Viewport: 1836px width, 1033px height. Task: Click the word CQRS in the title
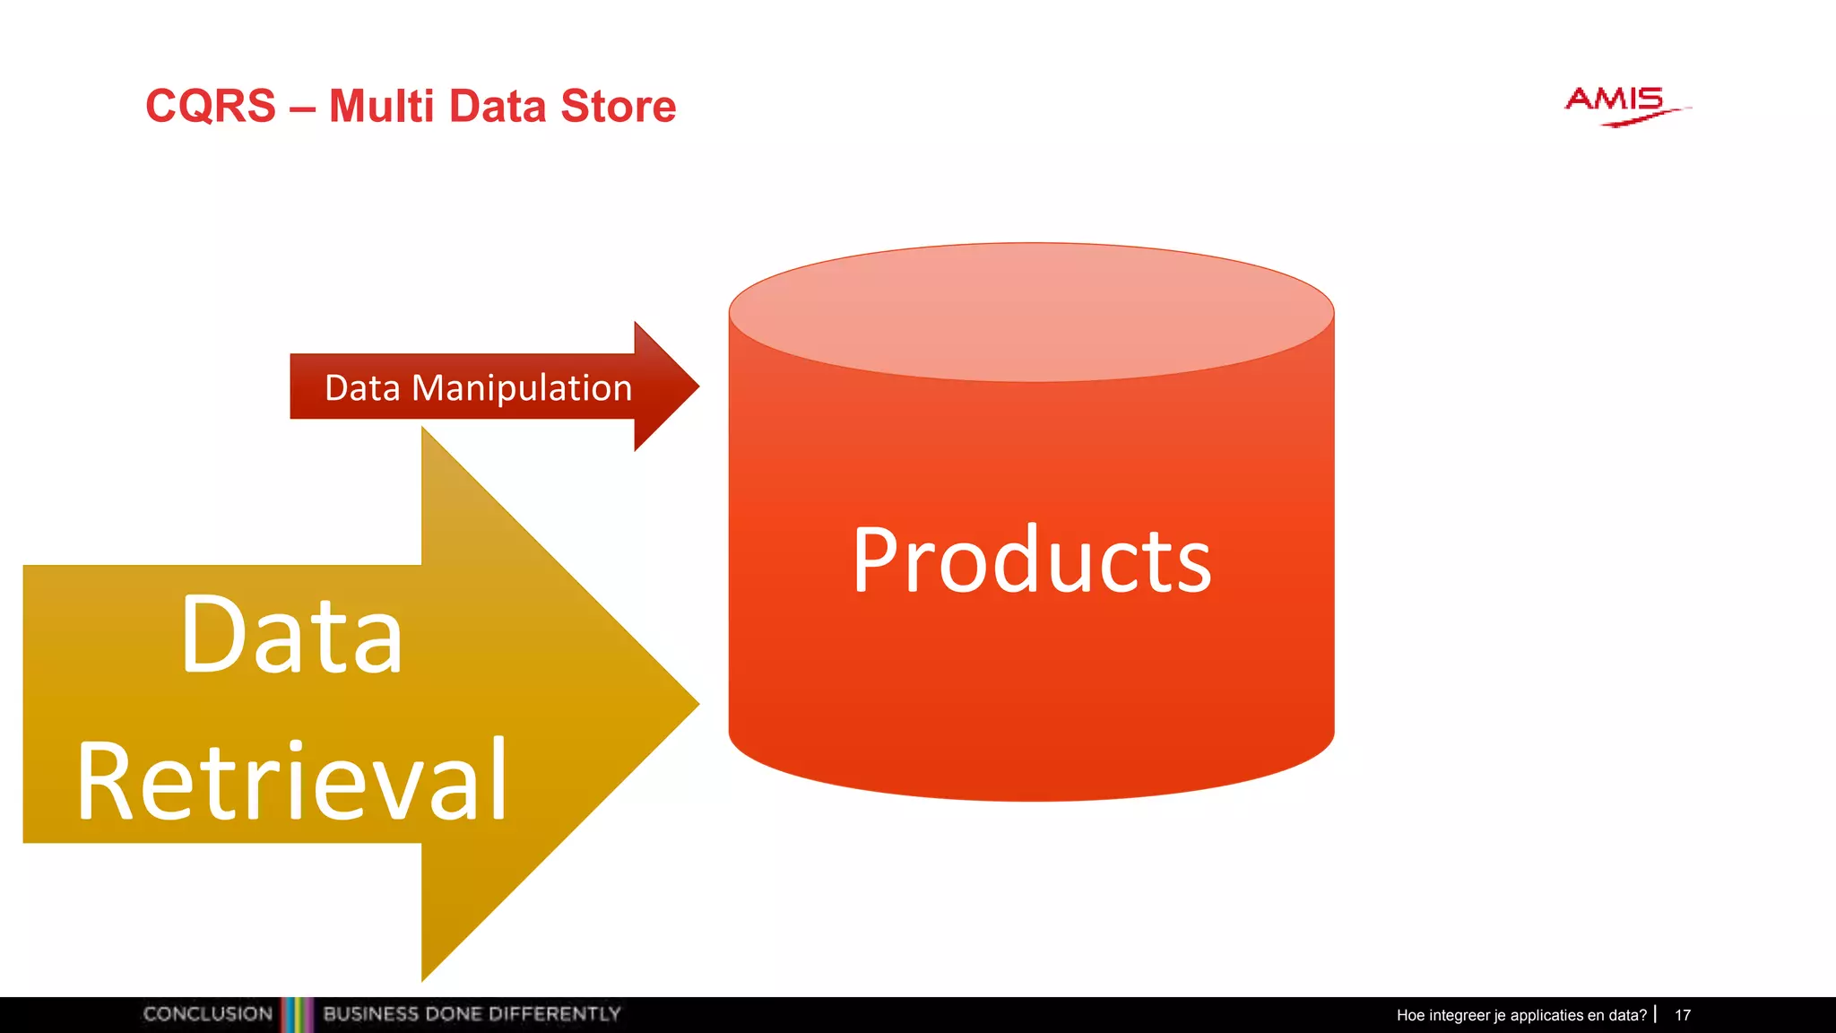[211, 107]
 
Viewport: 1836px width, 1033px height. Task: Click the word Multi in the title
[381, 107]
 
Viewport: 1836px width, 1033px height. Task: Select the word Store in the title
[618, 107]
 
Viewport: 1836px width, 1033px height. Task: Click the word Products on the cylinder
[1031, 560]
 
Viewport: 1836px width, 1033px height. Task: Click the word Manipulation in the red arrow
[522, 388]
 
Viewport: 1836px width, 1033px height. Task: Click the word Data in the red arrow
[362, 388]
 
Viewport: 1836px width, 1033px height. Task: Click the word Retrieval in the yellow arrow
[292, 780]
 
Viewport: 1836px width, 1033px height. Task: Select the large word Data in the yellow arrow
[292, 636]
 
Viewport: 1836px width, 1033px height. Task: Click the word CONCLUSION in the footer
[208, 1014]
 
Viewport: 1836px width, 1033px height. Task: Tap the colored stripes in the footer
[297, 1014]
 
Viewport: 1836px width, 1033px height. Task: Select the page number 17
[1683, 1015]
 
